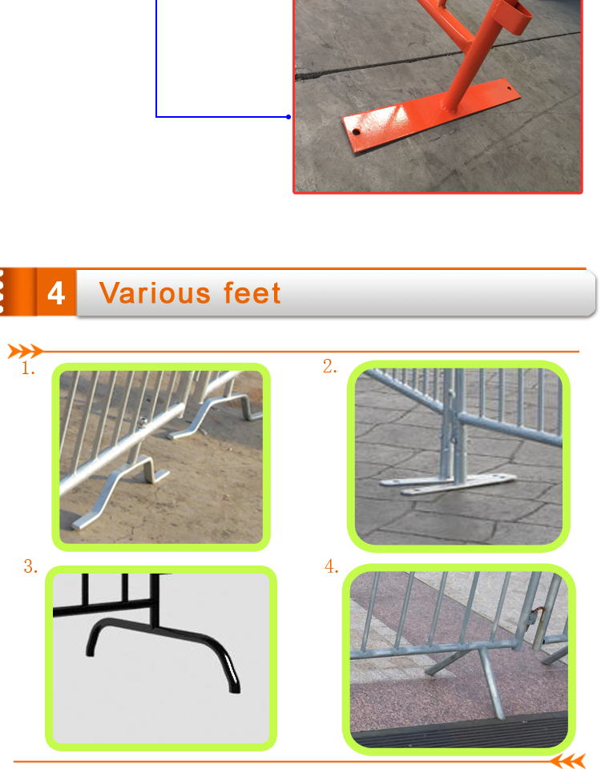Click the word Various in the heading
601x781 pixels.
(x=155, y=293)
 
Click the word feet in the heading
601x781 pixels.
(x=252, y=293)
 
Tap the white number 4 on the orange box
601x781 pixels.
(x=56, y=293)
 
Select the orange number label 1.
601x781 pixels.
(x=28, y=368)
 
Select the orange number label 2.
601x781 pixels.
(x=329, y=366)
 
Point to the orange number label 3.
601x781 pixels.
(x=30, y=567)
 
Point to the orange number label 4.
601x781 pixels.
(x=332, y=566)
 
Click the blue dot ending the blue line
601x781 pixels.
(x=288, y=117)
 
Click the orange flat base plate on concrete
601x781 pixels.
(x=431, y=115)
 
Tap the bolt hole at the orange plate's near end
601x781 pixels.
(x=357, y=132)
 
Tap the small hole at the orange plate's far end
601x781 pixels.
(x=509, y=89)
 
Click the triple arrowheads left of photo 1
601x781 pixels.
(x=25, y=351)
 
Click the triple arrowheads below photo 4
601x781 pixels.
(x=567, y=762)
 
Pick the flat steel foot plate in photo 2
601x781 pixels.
(x=447, y=484)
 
